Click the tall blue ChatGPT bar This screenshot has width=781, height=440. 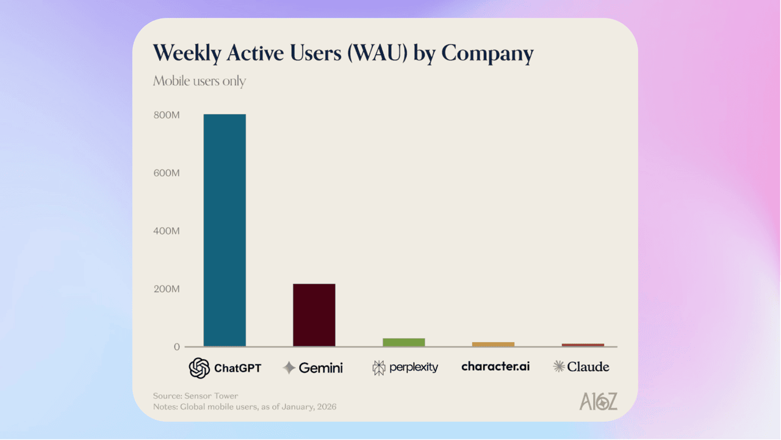point(225,230)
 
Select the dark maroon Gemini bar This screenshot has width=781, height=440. point(314,315)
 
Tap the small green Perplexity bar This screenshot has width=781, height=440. point(403,342)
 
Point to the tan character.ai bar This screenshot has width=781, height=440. point(493,345)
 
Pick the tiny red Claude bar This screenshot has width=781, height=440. point(583,345)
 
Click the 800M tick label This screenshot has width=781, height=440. point(167,115)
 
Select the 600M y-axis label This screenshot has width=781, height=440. point(167,173)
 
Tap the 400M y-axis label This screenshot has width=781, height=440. point(167,231)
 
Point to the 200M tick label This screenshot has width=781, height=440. point(167,289)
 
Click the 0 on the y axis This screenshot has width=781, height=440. point(177,347)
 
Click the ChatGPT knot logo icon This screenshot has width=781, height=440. point(200,368)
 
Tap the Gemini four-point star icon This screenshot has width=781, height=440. point(289,368)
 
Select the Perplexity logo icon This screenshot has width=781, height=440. point(379,368)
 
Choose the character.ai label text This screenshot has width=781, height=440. point(495,367)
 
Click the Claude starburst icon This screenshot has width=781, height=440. point(558,367)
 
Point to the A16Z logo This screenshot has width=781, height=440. point(598,402)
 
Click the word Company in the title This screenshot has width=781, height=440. point(487,54)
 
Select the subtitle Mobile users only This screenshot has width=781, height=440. point(200,81)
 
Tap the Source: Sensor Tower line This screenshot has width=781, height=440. point(195,396)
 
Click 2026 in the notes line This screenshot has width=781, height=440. point(325,406)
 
